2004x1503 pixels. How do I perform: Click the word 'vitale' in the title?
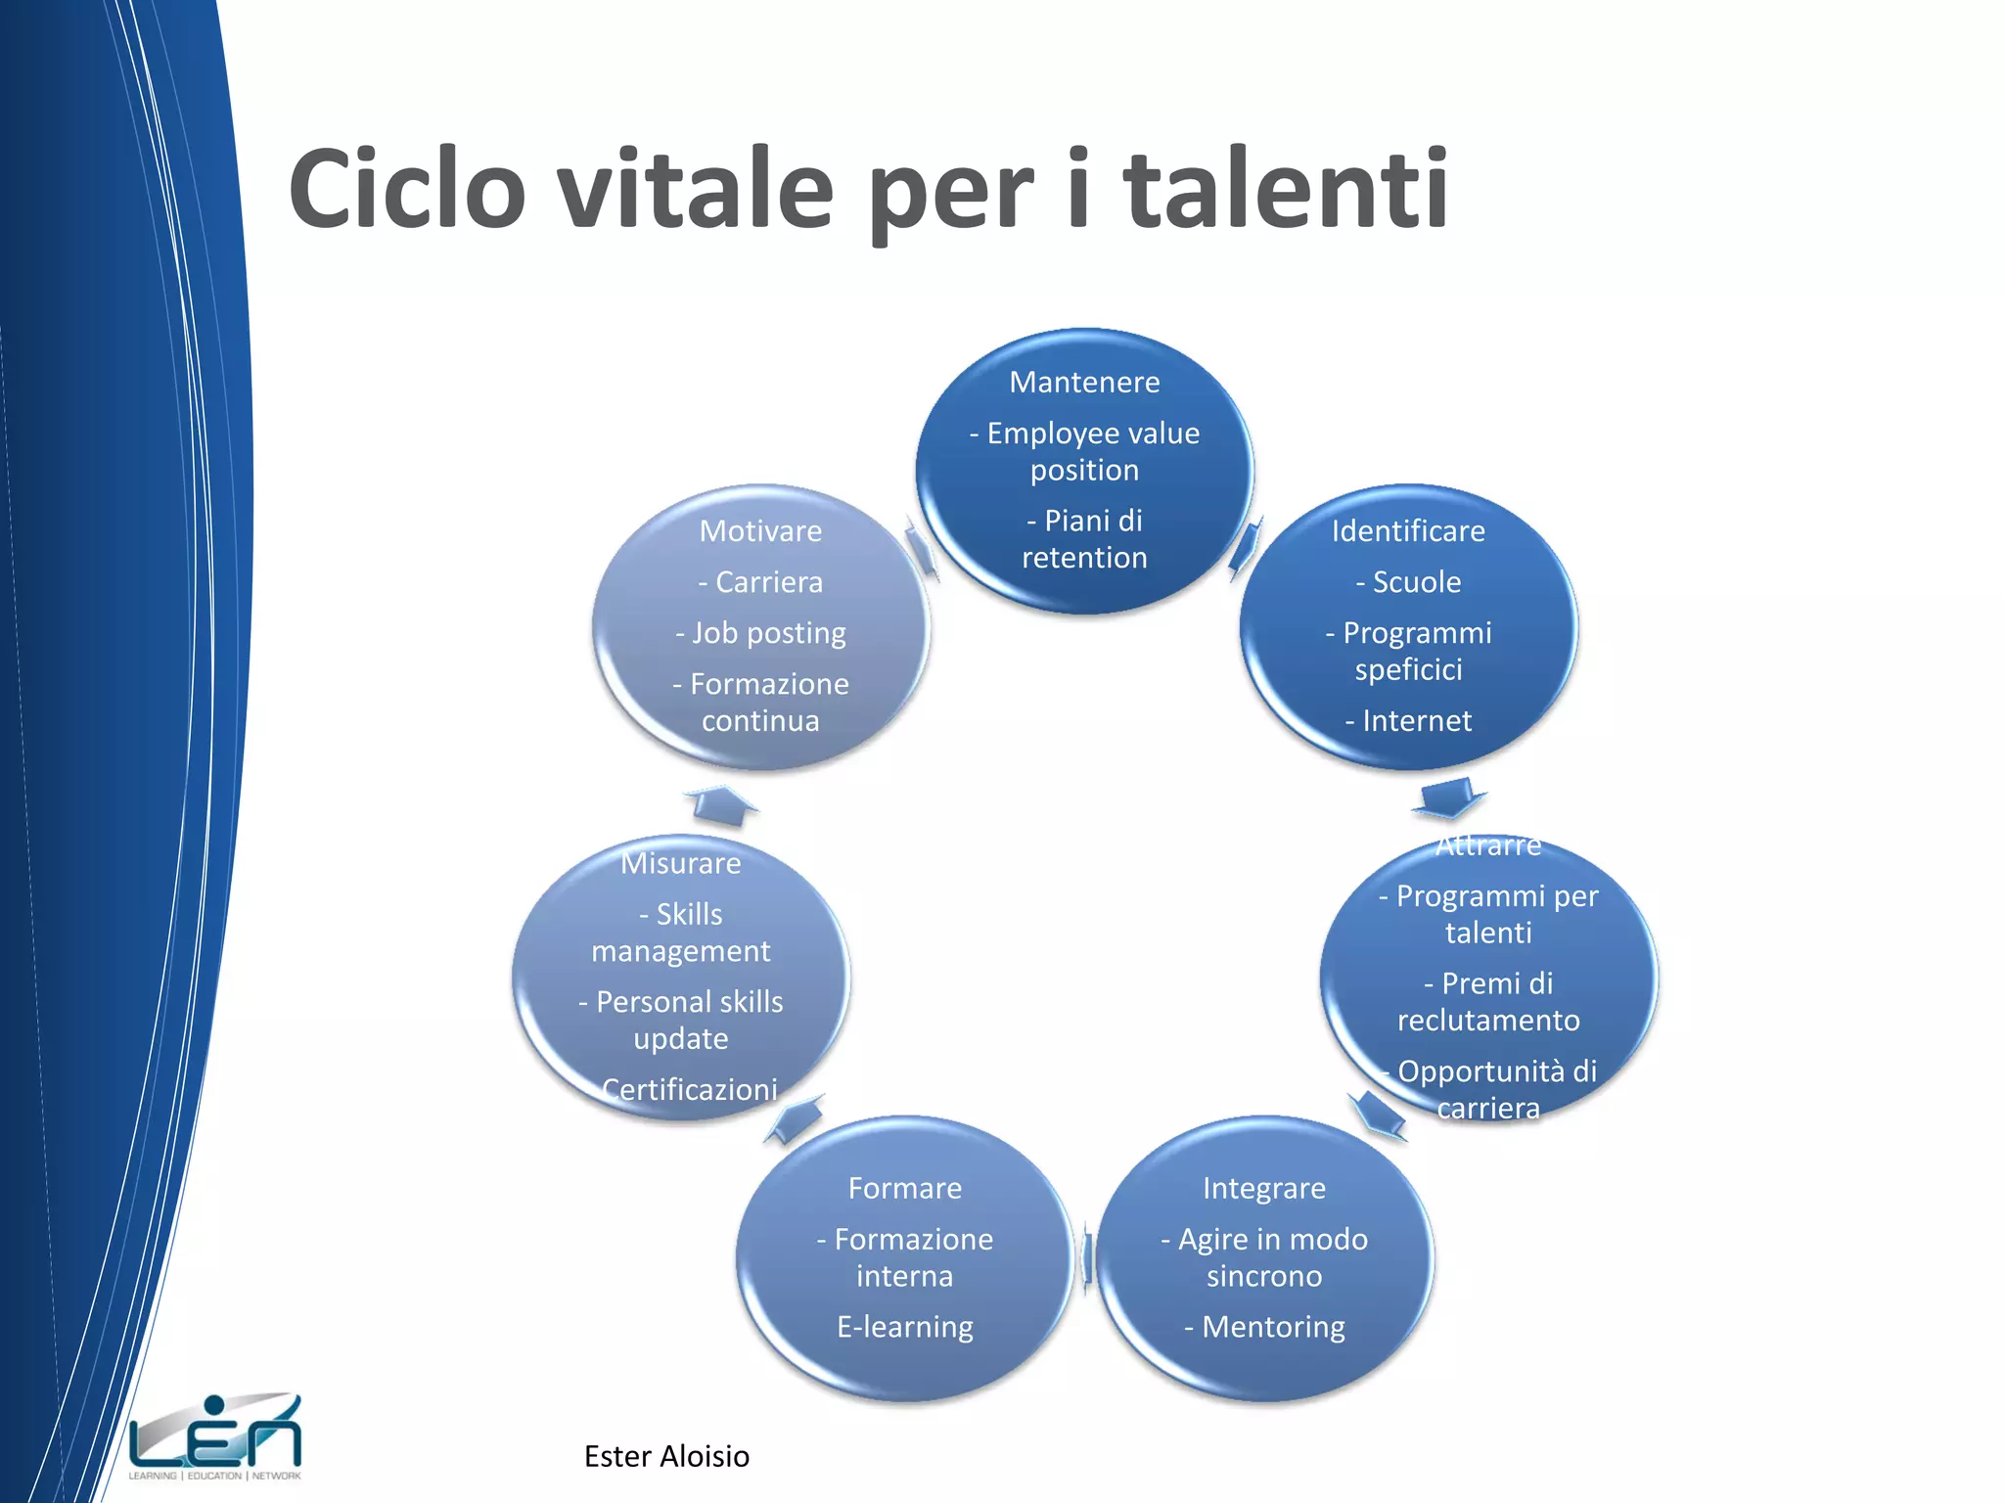tap(695, 188)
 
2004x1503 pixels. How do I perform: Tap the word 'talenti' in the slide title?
tap(1285, 188)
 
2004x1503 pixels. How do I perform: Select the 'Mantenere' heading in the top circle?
tap(1084, 382)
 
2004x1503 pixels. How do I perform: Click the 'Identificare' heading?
tap(1408, 530)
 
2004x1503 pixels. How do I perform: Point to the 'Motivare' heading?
tap(760, 530)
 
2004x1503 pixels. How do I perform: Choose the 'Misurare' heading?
tap(681, 863)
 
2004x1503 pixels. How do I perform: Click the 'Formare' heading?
tap(905, 1188)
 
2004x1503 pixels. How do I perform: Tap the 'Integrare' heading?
tap(1264, 1188)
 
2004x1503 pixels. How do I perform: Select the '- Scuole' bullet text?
tap(1408, 582)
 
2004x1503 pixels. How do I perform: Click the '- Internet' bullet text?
tap(1408, 721)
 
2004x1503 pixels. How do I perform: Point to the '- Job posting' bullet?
tap(760, 633)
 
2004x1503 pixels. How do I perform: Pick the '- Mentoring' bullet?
tap(1264, 1327)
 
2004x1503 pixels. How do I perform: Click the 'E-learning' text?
tap(905, 1327)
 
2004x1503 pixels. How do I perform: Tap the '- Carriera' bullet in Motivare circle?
tap(760, 582)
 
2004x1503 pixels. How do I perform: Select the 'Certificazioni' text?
tap(689, 1089)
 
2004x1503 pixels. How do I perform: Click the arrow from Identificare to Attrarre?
tap(1448, 797)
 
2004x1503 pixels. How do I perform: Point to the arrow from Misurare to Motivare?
tap(722, 804)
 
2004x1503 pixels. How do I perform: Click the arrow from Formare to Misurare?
tap(795, 1119)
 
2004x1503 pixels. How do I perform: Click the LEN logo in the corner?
tap(215, 1435)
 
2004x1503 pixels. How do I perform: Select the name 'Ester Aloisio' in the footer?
tap(666, 1456)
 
